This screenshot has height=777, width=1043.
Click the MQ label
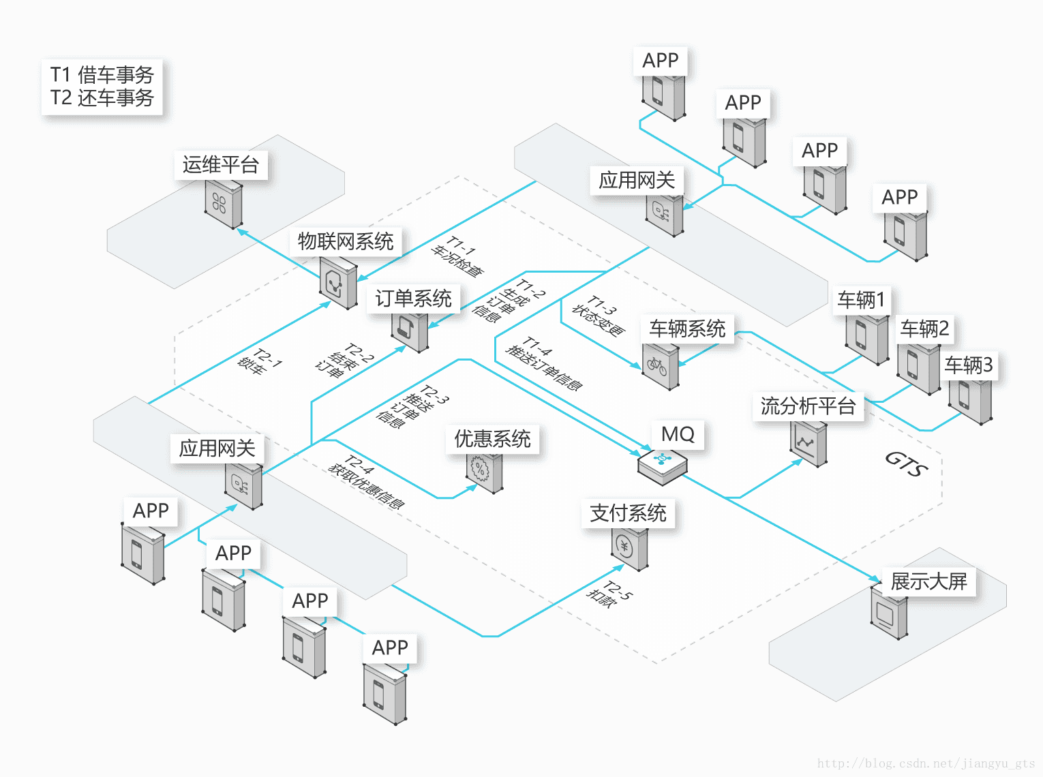678,434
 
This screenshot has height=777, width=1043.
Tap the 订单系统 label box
413,299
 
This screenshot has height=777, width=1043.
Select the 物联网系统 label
346,241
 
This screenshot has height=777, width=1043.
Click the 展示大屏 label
928,581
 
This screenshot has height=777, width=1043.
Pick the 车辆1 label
861,300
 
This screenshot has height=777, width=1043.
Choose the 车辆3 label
968,365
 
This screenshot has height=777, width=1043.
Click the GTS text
906,464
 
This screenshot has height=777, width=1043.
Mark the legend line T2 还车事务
102,98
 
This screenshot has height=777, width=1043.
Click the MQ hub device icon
662,466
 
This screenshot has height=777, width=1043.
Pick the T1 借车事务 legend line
102,74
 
